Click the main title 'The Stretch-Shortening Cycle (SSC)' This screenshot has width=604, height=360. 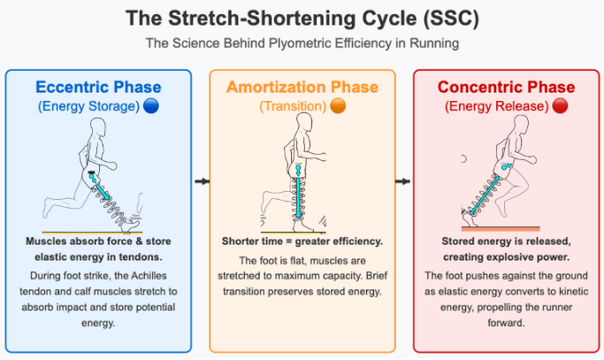pos(301,18)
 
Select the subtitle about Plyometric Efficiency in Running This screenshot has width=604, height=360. pos(301,42)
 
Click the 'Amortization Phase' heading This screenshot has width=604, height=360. pos(302,87)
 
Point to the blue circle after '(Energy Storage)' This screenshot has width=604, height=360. pos(151,107)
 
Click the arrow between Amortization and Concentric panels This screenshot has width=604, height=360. pos(402,181)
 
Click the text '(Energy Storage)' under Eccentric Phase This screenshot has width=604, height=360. pos(88,107)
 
